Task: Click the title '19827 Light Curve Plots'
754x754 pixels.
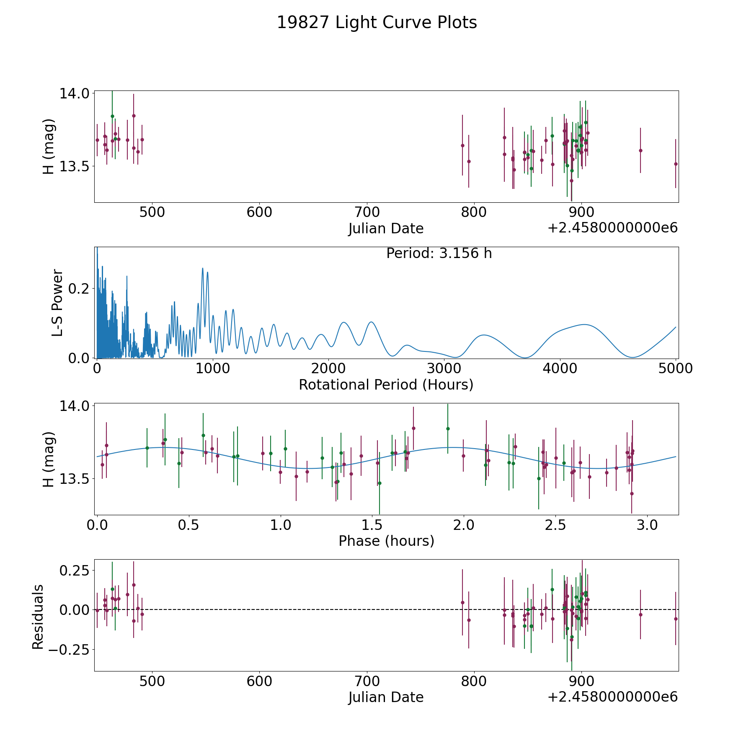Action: click(x=377, y=23)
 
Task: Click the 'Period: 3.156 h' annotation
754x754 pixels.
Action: click(x=439, y=253)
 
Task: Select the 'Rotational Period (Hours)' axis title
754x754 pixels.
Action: click(x=386, y=385)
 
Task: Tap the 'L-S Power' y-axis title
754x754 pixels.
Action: click(x=57, y=302)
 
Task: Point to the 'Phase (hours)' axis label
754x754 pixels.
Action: click(x=386, y=541)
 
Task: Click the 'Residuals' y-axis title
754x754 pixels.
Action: click(x=38, y=617)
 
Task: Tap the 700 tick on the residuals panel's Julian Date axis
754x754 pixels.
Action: click(x=367, y=681)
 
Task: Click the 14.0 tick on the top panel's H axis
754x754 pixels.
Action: click(x=75, y=93)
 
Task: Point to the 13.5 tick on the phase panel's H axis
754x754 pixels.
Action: click(x=75, y=479)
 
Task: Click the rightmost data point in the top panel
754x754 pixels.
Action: click(x=676, y=164)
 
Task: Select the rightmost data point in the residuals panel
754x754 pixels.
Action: click(x=676, y=619)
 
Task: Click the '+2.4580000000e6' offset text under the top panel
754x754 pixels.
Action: click(x=612, y=228)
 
